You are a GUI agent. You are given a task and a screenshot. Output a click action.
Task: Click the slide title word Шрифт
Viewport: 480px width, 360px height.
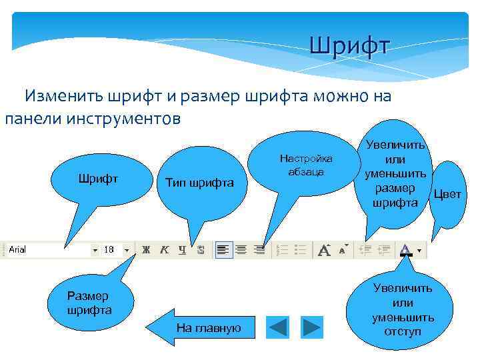[x=350, y=46]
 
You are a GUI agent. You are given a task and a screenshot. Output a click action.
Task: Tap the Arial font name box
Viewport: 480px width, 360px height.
[x=47, y=249]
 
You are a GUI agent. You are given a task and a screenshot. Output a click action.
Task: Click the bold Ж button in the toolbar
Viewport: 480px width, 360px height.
[x=146, y=250]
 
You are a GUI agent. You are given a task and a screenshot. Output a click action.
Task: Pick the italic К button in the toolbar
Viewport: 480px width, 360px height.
[x=164, y=250]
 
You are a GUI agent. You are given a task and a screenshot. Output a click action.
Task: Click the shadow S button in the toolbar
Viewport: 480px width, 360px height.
[x=201, y=250]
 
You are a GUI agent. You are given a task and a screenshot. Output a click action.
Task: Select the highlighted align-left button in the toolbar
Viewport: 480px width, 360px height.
[x=223, y=250]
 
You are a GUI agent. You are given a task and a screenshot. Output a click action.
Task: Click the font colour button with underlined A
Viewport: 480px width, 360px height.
[x=405, y=250]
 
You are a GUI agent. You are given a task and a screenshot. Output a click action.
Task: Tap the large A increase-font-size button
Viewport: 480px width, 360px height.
[x=325, y=250]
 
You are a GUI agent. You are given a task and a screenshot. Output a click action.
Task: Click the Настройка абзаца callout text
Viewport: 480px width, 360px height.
[x=306, y=165]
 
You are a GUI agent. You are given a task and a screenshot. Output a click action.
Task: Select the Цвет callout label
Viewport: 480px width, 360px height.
[x=447, y=195]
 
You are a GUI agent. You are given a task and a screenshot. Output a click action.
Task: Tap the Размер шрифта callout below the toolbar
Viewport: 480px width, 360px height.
[x=89, y=303]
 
